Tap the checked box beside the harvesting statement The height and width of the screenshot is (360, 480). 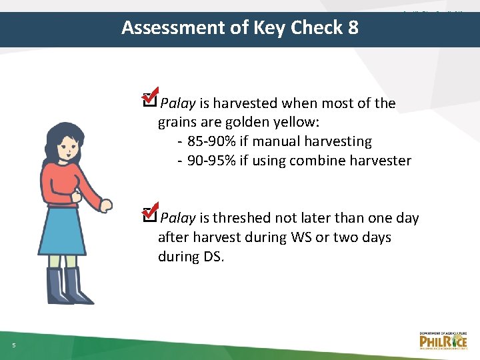(x=151, y=99)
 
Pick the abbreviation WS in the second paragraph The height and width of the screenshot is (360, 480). (x=298, y=237)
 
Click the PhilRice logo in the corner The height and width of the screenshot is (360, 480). (x=443, y=340)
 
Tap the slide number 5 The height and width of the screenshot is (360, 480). (x=13, y=344)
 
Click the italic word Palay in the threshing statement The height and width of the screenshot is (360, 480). (x=178, y=218)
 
